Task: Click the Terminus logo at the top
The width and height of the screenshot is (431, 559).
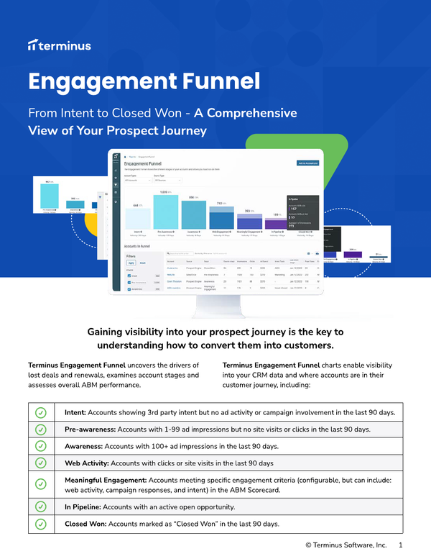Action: click(x=59, y=45)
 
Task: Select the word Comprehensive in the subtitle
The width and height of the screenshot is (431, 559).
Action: click(x=247, y=114)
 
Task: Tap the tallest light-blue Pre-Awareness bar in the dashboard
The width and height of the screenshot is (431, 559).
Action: click(x=165, y=212)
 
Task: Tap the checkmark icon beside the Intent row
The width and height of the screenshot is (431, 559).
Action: click(x=41, y=412)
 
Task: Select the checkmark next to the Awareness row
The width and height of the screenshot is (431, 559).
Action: click(x=41, y=446)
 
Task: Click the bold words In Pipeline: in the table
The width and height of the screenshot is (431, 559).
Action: click(x=79, y=507)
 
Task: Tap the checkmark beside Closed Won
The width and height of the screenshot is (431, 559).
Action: click(x=41, y=524)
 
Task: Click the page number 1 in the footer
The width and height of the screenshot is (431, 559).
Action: click(x=400, y=546)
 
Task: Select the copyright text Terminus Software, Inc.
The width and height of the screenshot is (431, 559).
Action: click(x=351, y=546)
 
